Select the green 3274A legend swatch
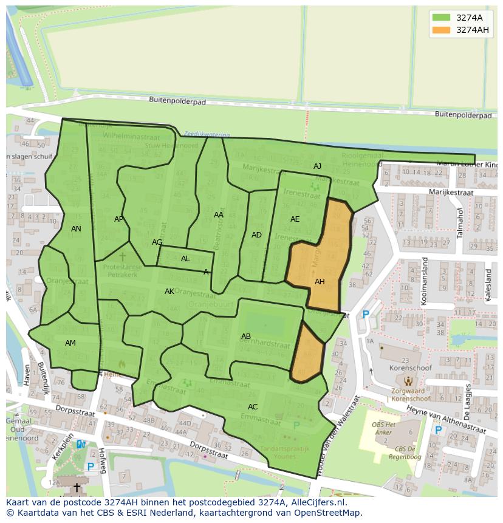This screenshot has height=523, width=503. (441, 18)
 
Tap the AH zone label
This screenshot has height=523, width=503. (320, 282)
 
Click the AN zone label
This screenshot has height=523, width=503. (76, 229)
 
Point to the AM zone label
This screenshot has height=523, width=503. (70, 343)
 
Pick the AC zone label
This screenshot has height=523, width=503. (253, 407)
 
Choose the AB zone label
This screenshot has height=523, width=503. (246, 337)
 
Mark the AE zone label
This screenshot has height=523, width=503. (295, 219)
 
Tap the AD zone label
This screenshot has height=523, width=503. (256, 235)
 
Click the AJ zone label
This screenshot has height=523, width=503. (317, 166)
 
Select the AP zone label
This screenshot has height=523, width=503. (119, 219)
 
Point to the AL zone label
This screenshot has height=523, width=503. (185, 259)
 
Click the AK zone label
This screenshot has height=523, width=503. (169, 292)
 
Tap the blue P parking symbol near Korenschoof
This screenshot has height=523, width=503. (366, 315)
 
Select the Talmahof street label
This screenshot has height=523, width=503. (460, 222)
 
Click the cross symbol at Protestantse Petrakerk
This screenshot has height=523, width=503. (122, 257)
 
